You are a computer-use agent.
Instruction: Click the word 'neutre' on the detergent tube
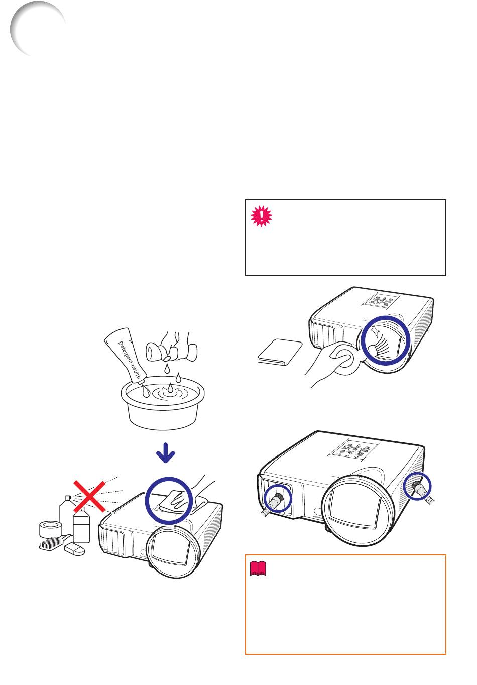(x=135, y=370)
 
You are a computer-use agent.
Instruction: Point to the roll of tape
(x=51, y=529)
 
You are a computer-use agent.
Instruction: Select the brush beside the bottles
(x=54, y=543)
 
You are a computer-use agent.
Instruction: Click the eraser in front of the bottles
(x=74, y=548)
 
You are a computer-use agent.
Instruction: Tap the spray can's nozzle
(x=68, y=499)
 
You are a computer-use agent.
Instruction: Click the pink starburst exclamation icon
(x=261, y=216)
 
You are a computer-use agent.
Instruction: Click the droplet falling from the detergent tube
(x=145, y=391)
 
